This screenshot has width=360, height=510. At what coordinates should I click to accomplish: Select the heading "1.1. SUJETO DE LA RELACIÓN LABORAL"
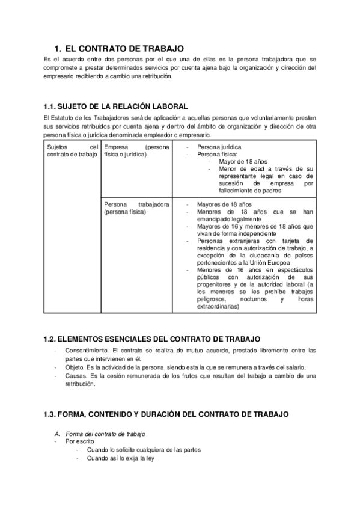point(111,106)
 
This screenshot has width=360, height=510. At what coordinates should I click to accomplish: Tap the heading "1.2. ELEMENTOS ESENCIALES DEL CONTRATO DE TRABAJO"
point(152,339)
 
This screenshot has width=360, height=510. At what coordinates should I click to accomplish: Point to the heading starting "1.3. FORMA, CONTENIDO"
point(166,414)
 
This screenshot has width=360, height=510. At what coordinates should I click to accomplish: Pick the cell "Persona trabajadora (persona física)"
point(136,207)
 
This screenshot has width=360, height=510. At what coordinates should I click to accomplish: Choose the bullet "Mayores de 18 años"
point(224,204)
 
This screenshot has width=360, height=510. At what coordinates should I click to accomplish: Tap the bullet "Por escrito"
point(79,441)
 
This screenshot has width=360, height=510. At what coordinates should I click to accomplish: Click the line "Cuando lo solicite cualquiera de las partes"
point(144,450)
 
